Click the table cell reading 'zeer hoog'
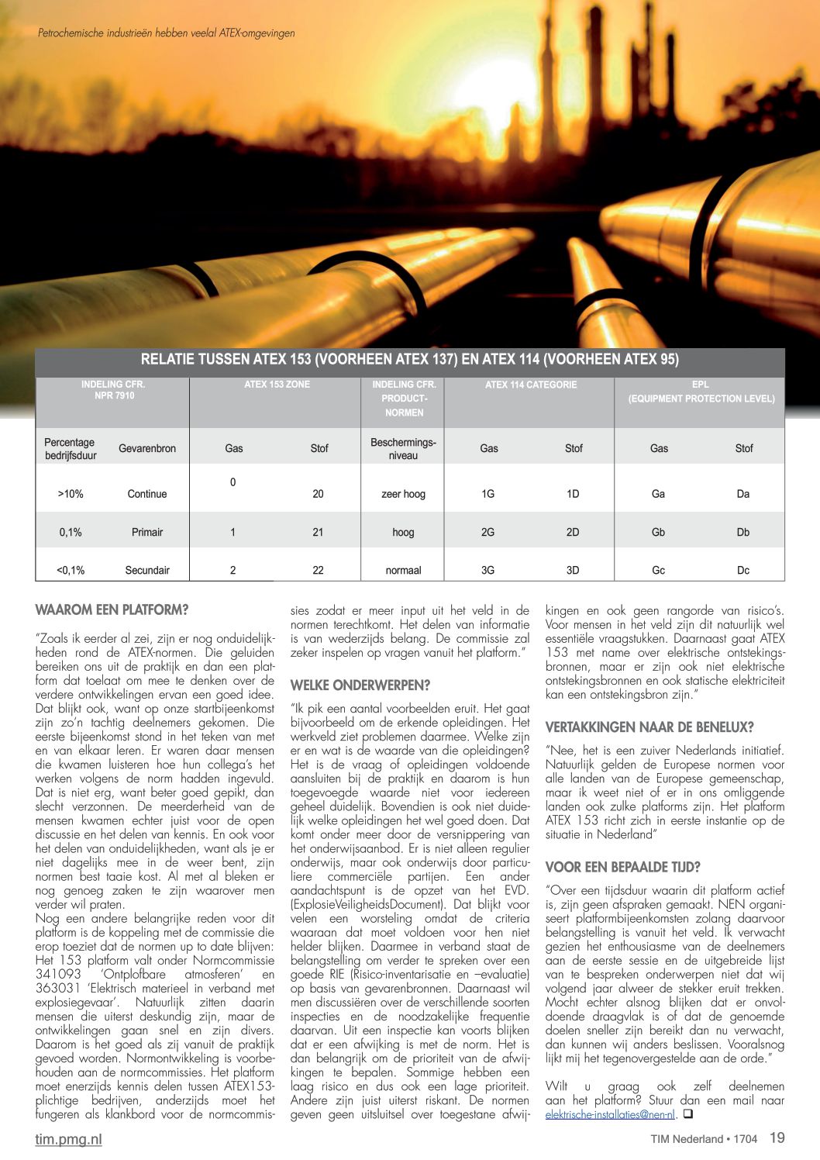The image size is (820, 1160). pyautogui.click(x=403, y=494)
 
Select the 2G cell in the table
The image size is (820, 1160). pyautogui.click(x=488, y=532)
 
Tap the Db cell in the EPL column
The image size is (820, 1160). pyautogui.click(x=742, y=532)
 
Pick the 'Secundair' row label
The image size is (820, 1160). pyautogui.click(x=147, y=570)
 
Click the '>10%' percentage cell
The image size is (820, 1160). pyautogui.click(x=71, y=494)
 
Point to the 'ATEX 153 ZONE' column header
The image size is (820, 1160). pyautogui.click(x=277, y=385)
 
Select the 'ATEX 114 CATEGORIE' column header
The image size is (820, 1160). pyautogui.click(x=531, y=385)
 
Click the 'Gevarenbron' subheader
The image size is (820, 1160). pyautogui.click(x=147, y=448)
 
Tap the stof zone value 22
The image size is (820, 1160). pyautogui.click(x=318, y=570)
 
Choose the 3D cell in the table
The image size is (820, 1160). pyautogui.click(x=573, y=570)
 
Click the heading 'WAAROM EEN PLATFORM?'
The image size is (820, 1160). pyautogui.click(x=112, y=610)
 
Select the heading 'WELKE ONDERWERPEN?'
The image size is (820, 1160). pyautogui.click(x=360, y=685)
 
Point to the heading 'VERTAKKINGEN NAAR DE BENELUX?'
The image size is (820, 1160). pyautogui.click(x=649, y=727)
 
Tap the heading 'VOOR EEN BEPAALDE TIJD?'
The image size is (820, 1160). pyautogui.click(x=623, y=867)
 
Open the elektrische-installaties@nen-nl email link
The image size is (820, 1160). pyautogui.click(x=610, y=1114)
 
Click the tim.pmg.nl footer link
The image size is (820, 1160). pyautogui.click(x=68, y=1139)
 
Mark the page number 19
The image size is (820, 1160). pyautogui.click(x=777, y=1138)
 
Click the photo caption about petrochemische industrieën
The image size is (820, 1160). pyautogui.click(x=166, y=33)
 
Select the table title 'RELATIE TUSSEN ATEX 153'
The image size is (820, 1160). pyautogui.click(x=409, y=359)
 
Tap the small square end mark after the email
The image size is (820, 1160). pyautogui.click(x=687, y=1114)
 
